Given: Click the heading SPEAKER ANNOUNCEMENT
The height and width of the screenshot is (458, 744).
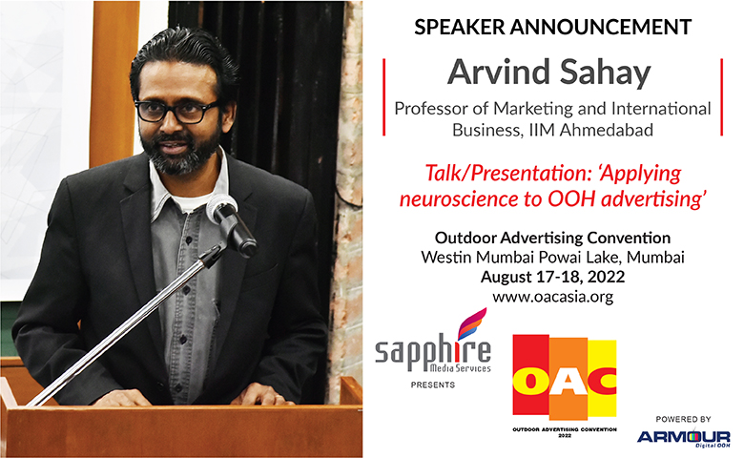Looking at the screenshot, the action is pos(553,27).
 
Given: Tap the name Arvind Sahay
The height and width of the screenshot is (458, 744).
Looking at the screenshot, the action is pos(549,73).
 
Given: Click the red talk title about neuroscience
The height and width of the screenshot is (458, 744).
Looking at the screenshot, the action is pos(553,186).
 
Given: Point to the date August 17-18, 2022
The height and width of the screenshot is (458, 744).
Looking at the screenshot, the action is pos(553,277).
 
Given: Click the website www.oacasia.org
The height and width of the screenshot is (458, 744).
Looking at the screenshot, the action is pos(553,297).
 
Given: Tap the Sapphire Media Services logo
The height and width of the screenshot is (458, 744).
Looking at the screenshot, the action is pos(433,343).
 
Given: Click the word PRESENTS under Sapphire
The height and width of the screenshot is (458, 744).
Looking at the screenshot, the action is pos(433,385).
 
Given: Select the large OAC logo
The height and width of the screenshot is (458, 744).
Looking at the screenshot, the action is pos(565,376).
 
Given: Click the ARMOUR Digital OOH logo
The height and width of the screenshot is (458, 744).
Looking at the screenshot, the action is pos(683,439).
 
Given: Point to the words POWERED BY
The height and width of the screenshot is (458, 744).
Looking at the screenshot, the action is pos(683,419).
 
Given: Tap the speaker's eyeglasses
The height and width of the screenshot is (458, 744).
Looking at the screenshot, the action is pos(178,112).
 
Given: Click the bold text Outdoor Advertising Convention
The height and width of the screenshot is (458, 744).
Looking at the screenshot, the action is pos(553,238).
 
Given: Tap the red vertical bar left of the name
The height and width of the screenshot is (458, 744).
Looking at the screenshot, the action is pos(383,96).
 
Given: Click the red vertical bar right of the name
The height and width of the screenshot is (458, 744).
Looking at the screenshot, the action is pos(722,96).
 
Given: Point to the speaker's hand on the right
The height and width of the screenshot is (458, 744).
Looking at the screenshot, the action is pos(262,396).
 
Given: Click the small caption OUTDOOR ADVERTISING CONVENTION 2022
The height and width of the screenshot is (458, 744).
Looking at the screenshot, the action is pos(565,432).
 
